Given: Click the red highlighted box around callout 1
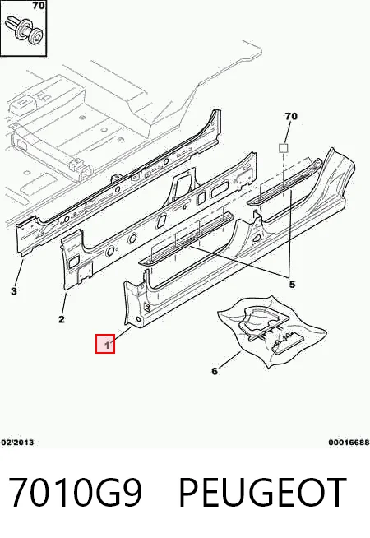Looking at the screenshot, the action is point(105,344).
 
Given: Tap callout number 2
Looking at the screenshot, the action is point(62,319).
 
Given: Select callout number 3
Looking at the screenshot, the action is point(14,291).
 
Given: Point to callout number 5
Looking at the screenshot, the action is point(292,285).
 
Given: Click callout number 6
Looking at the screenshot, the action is point(215,371).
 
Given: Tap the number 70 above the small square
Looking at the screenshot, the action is point(291,116).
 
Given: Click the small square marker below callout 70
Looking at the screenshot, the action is point(283,148).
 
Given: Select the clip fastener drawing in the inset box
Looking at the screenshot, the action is point(23,30).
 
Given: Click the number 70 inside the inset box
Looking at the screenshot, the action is point(39,6).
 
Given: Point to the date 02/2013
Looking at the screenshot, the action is point(17,443).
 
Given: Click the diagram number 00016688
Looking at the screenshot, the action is point(349,443).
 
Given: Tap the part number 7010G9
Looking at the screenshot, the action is point(75,492).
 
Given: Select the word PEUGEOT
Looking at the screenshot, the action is point(262,492).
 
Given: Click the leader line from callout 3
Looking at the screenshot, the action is point(19,273).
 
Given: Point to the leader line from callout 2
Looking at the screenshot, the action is point(64,304).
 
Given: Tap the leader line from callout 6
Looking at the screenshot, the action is point(229,360).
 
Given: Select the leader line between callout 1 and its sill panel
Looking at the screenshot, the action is point(122,334).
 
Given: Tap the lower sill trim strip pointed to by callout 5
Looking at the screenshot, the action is point(186,239).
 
